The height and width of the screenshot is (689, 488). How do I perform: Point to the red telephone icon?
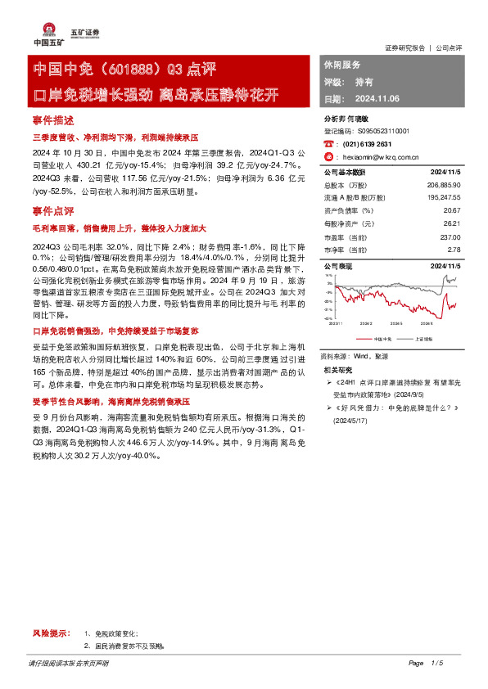pyautogui.click(x=328, y=142)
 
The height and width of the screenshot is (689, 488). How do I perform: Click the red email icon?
pyautogui.click(x=328, y=155)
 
